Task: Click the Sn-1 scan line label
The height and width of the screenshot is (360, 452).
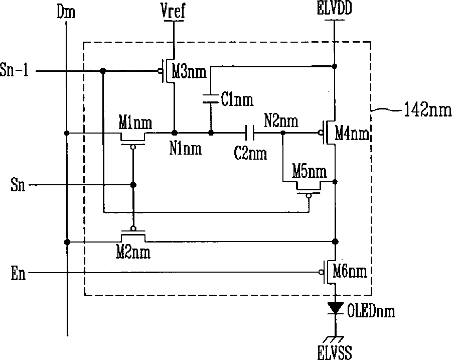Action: pyautogui.click(x=18, y=71)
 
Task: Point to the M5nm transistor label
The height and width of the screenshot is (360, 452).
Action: pyautogui.click(x=309, y=172)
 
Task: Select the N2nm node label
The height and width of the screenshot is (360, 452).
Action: pyautogui.click(x=281, y=121)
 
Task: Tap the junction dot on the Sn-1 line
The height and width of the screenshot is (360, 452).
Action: pyautogui.click(x=103, y=71)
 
